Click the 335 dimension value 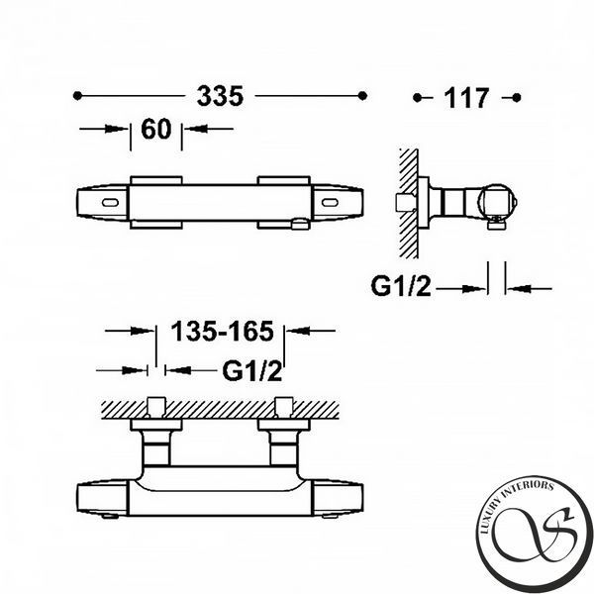[x=220, y=96]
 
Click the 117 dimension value [x=466, y=98]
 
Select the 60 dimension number [x=156, y=129]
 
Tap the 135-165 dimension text [x=222, y=331]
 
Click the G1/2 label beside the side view [x=401, y=286]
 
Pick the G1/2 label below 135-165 [x=251, y=371]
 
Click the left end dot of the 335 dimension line [x=77, y=96]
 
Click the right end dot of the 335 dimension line [x=362, y=96]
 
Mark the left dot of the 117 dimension [x=417, y=98]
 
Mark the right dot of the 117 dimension [x=517, y=98]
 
